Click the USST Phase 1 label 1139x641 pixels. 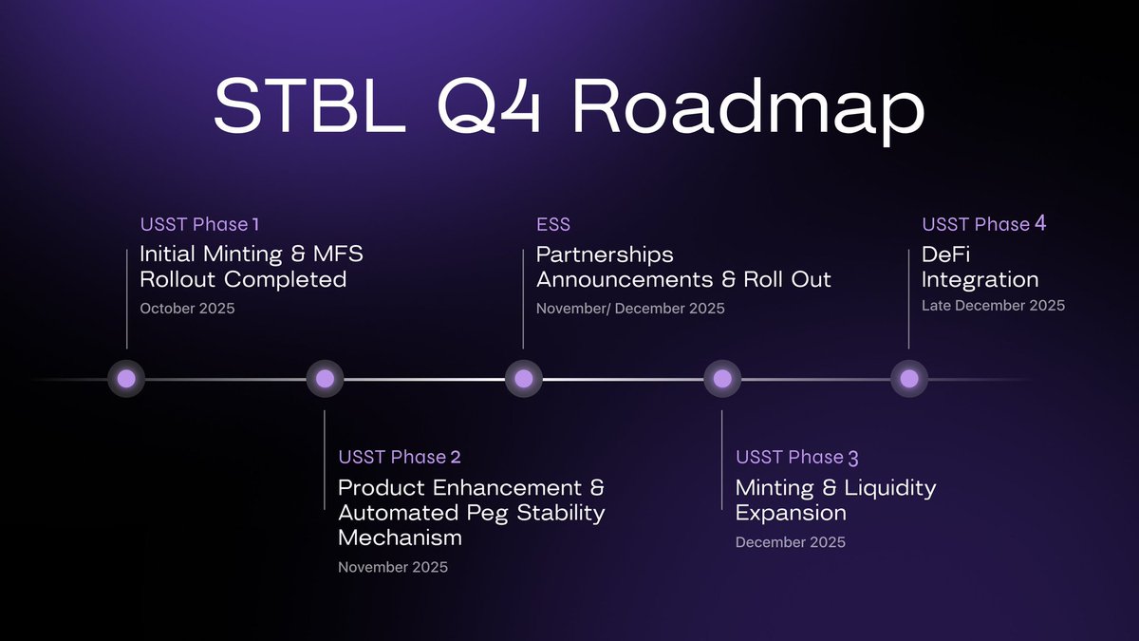[199, 225]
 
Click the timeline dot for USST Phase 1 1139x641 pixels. [126, 379]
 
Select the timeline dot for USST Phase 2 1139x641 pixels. [325, 379]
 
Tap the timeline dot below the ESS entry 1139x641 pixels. [523, 379]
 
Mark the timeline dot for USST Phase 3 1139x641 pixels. [722, 379]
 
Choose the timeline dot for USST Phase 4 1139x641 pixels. [909, 379]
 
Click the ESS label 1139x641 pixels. [553, 225]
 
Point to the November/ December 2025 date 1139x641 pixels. [630, 309]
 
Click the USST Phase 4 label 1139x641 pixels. [984, 225]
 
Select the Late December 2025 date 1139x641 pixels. [993, 306]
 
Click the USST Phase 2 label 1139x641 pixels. [400, 458]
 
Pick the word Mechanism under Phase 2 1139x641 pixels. [400, 537]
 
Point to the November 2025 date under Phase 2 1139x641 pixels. [393, 567]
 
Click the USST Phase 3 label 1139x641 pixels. [797, 458]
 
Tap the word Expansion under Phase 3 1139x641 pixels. [791, 513]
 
